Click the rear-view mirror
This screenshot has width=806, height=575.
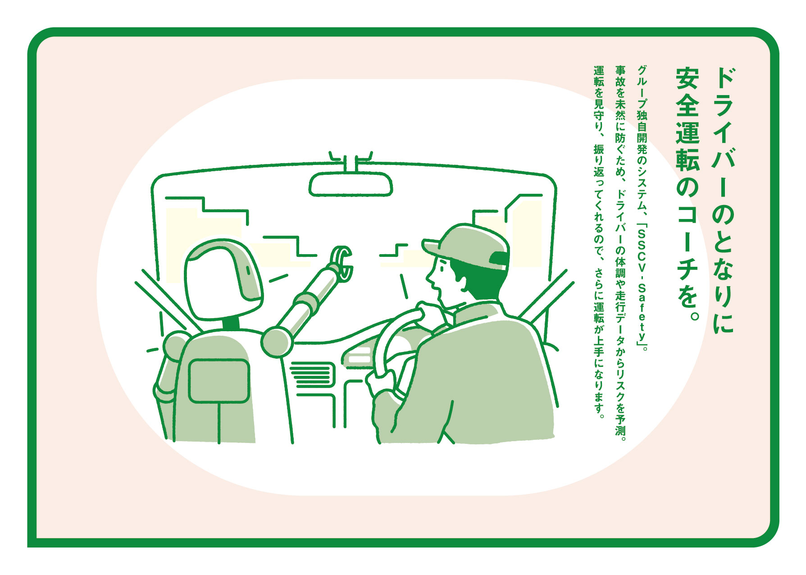coord(351,184)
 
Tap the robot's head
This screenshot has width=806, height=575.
coord(223,279)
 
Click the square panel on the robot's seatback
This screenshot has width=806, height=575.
coord(219,381)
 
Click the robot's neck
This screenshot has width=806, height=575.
coord(231,323)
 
